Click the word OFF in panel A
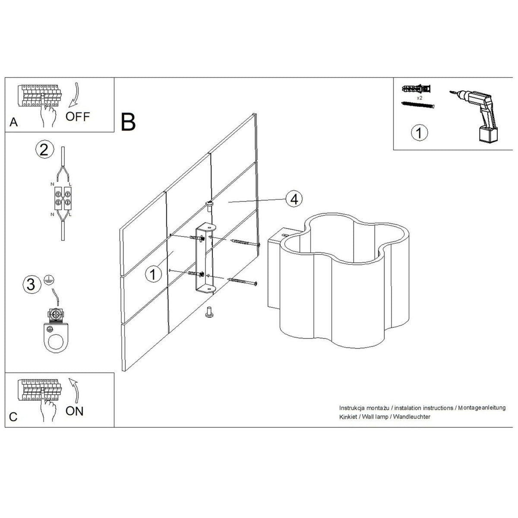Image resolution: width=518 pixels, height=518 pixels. coord(78,117)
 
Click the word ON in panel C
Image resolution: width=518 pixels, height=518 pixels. coord(74,411)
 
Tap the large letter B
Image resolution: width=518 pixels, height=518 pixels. coord(128,122)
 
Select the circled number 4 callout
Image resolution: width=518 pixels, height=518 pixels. coord(294,199)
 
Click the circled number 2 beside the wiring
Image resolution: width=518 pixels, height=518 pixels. coord(44,150)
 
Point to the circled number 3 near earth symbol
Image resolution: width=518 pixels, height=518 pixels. coord(32,284)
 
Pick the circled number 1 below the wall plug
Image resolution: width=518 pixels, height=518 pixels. coord(419,133)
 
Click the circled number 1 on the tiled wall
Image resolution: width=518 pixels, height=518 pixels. coord(153,274)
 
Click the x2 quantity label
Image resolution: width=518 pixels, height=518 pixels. coord(419,98)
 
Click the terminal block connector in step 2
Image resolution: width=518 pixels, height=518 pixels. coord(63,198)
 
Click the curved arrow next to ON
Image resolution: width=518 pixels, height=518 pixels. coord(75,392)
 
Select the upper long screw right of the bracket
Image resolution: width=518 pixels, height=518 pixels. coord(245,243)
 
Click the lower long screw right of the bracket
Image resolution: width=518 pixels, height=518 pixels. coord(242,281)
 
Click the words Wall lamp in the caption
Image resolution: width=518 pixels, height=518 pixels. coord(375,417)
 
